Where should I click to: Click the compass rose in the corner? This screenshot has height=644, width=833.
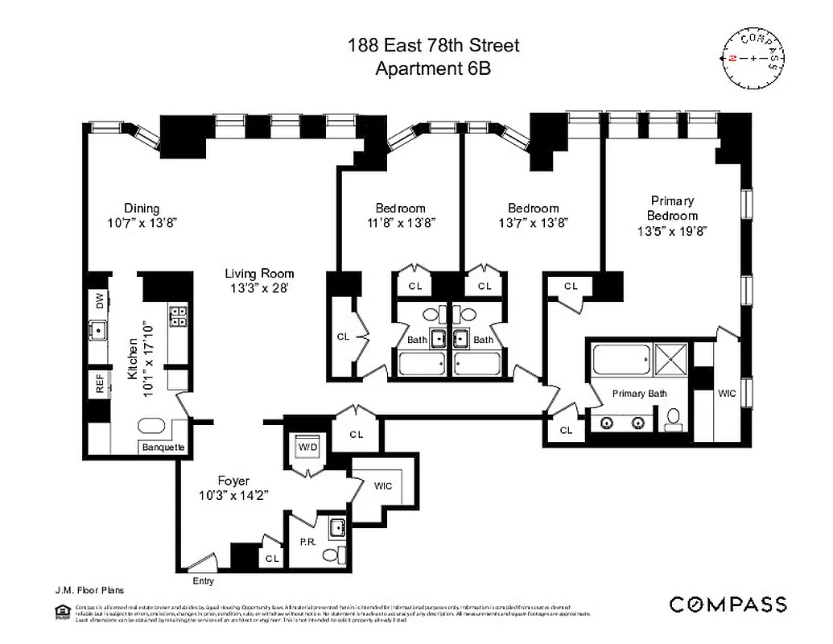click(753, 59)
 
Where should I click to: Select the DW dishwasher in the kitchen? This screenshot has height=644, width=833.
click(100, 300)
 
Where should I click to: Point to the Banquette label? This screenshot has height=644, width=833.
click(163, 447)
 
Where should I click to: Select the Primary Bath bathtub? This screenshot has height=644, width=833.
click(621, 360)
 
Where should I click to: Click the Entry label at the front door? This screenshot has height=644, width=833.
click(203, 580)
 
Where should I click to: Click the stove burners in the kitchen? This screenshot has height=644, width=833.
click(178, 316)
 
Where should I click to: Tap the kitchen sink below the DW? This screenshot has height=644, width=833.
click(100, 330)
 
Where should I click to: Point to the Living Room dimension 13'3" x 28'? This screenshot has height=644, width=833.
click(258, 288)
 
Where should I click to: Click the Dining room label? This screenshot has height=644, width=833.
click(142, 208)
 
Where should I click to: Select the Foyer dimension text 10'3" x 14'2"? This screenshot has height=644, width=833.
click(233, 496)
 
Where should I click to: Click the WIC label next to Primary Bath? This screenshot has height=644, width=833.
click(727, 394)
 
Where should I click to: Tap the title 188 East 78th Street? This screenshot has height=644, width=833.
click(433, 45)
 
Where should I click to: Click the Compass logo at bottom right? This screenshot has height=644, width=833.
click(728, 604)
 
